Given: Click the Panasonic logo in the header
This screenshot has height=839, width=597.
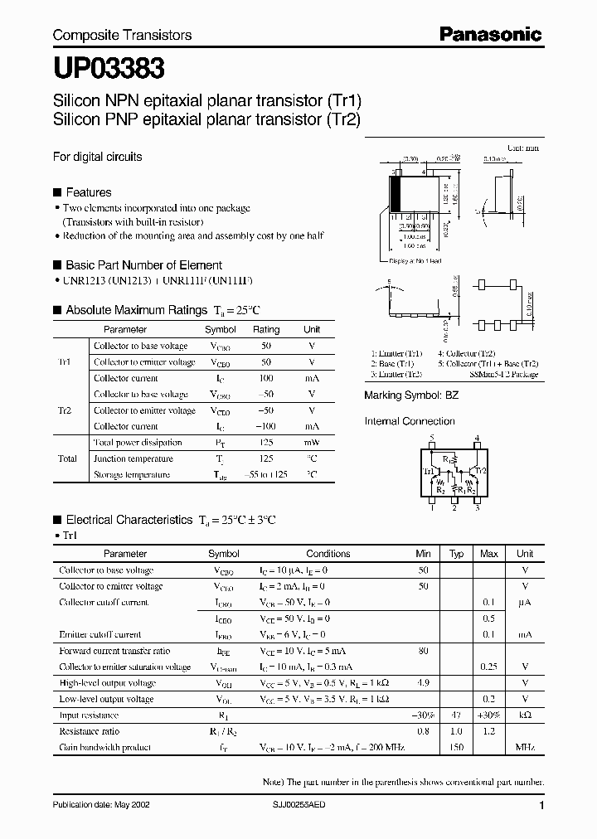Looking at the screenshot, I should [x=490, y=34].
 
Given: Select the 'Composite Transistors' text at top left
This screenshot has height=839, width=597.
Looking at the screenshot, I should [x=122, y=35].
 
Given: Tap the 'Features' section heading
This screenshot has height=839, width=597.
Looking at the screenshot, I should [x=88, y=192].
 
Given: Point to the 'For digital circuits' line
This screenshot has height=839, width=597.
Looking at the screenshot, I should [x=97, y=156].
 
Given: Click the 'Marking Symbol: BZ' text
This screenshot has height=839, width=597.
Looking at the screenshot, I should [x=411, y=395].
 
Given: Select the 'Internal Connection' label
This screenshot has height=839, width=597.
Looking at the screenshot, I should [x=410, y=421].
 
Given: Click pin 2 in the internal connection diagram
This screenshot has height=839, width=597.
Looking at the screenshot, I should [x=454, y=508].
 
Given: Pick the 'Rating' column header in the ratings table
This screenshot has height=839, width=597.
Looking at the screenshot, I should [x=266, y=329].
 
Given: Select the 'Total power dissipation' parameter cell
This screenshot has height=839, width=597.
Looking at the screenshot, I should [x=132, y=443].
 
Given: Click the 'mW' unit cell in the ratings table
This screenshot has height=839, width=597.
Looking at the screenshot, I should [x=312, y=443].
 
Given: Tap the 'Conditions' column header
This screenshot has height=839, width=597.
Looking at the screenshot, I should [x=328, y=553].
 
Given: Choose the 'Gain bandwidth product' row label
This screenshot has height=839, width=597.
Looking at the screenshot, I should [x=104, y=747].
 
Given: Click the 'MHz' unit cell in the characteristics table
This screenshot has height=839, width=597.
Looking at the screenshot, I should [x=524, y=747].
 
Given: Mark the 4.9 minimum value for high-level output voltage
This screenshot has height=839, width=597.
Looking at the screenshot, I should [x=423, y=682].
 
